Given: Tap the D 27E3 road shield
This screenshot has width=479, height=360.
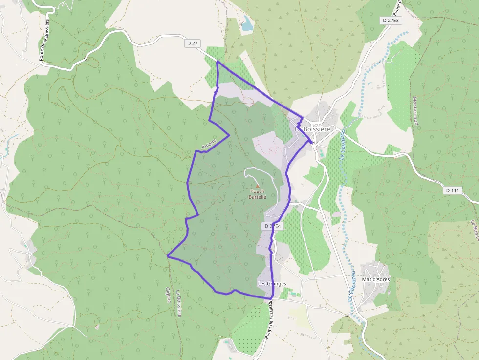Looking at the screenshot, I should point(391,20).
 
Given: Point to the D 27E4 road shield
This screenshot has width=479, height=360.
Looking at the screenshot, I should point(273,226).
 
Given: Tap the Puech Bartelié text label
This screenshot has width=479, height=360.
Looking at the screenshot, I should point(258,194).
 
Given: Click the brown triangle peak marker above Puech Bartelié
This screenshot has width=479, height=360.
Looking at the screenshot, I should point(258,186).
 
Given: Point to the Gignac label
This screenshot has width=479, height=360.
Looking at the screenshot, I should point(168,296).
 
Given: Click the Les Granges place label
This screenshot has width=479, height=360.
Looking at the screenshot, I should point(272,283).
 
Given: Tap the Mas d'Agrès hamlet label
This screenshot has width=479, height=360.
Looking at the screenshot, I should point(375,279).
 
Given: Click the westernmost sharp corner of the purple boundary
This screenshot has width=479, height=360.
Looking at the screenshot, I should point(168,255).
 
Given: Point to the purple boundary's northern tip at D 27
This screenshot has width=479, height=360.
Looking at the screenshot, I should point(217,62).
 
